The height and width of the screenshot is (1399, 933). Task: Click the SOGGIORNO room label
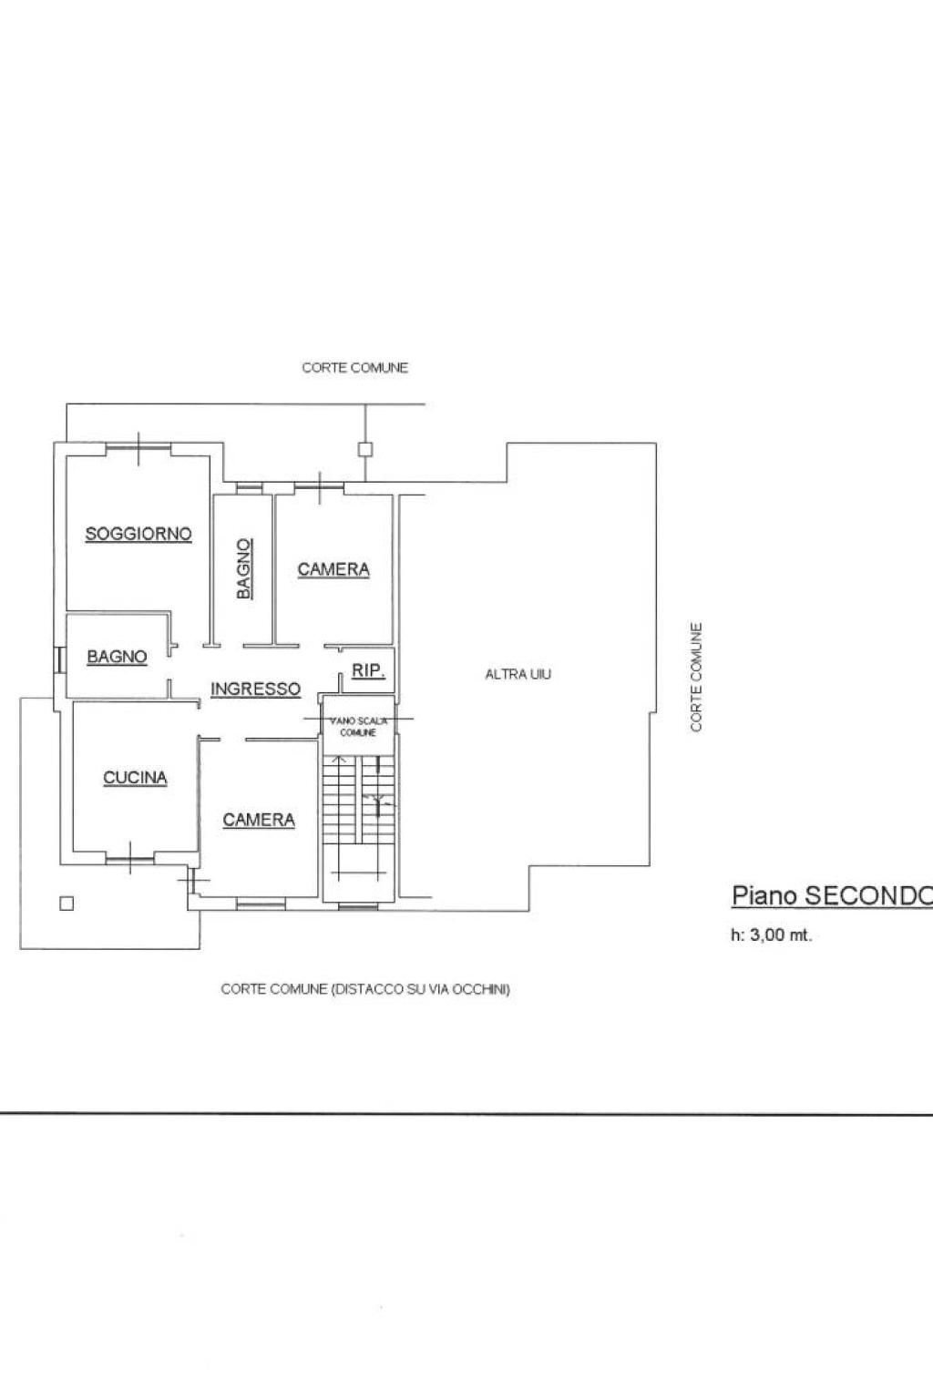click(x=138, y=534)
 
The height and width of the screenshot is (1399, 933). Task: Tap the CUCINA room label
click(x=135, y=777)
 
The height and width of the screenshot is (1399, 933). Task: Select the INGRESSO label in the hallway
click(x=255, y=689)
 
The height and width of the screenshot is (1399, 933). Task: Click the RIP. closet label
click(x=368, y=670)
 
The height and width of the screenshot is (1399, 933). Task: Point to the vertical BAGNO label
click(x=243, y=568)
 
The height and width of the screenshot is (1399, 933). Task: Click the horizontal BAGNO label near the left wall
click(x=117, y=656)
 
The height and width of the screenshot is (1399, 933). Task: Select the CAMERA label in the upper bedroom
click(x=333, y=569)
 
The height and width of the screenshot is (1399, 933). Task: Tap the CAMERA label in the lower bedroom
click(x=259, y=820)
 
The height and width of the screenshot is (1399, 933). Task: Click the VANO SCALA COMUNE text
click(x=358, y=726)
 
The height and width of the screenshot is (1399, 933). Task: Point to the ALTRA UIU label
click(x=518, y=674)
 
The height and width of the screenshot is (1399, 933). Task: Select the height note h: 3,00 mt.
click(x=771, y=934)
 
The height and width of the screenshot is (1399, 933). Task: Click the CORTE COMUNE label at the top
click(x=354, y=368)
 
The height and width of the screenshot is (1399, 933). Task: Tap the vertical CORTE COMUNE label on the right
click(x=696, y=677)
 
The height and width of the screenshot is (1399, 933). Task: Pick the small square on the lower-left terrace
click(x=65, y=904)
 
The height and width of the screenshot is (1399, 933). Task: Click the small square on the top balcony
click(x=364, y=448)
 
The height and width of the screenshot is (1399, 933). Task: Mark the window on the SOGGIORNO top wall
click(x=138, y=447)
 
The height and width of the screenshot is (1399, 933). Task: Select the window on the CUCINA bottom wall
click(x=129, y=856)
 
